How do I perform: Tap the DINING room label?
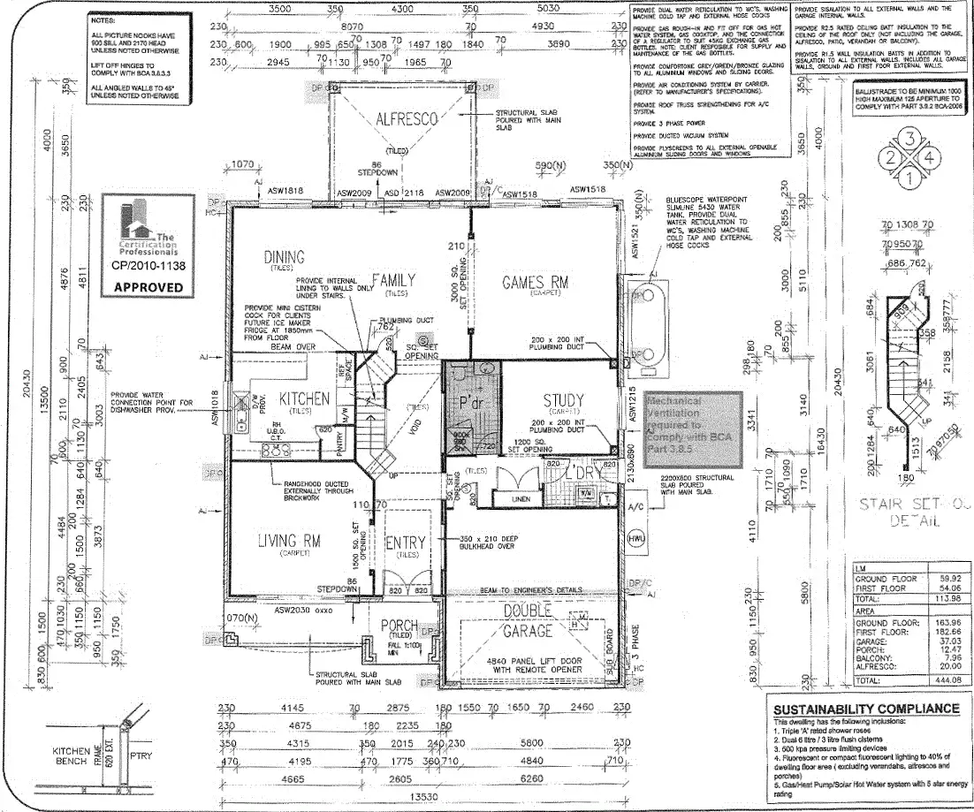(284, 257)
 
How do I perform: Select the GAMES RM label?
(534, 282)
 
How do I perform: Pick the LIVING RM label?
(288, 540)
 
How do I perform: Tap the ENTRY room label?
(406, 542)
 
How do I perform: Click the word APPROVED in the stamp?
(148, 287)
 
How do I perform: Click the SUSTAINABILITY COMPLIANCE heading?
(865, 709)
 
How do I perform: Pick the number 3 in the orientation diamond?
(910, 138)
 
